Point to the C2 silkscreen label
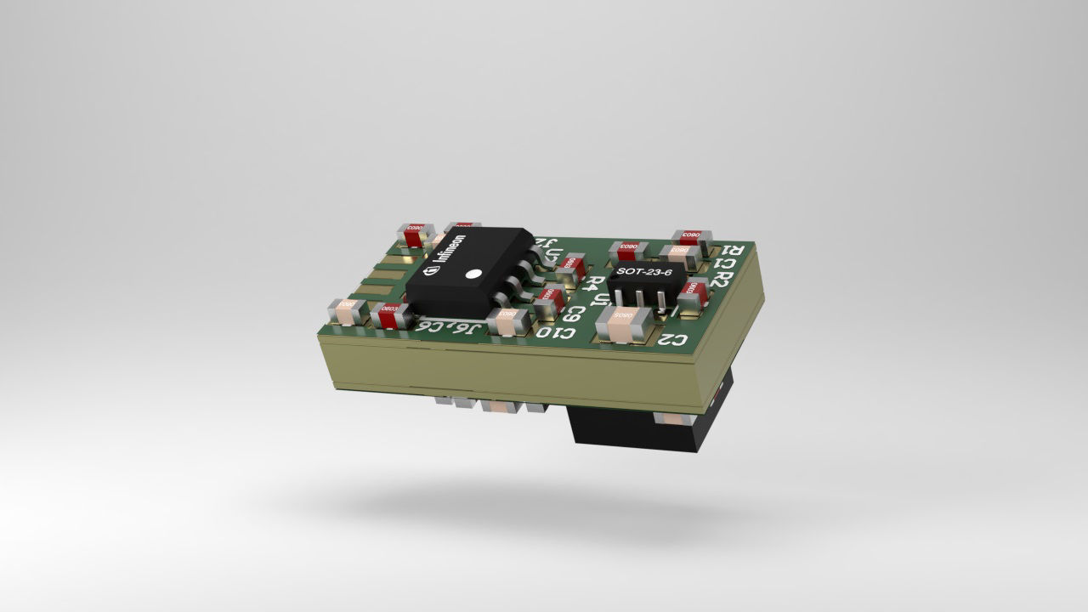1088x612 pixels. coord(672,341)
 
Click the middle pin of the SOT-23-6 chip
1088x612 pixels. coord(638,300)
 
